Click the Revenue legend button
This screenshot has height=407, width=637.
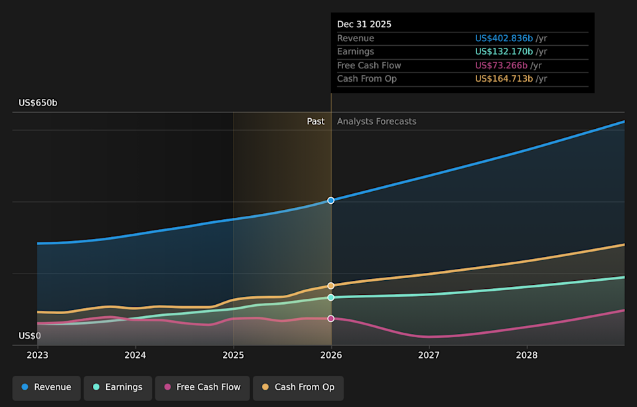pos(46,387)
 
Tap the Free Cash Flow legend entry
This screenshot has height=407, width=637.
pos(202,387)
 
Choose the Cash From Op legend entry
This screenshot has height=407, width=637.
pos(298,387)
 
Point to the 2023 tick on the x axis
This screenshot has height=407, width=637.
pos(38,356)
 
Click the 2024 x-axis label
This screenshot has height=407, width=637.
pos(135,356)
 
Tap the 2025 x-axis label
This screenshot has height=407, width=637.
pos(234,356)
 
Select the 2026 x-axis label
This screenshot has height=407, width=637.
pos(331,356)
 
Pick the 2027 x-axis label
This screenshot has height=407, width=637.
pos(429,356)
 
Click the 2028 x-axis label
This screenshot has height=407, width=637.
pos(527,356)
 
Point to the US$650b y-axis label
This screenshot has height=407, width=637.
pos(38,103)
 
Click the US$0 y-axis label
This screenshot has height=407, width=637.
pos(30,336)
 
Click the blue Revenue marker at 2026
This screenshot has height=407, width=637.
pos(331,201)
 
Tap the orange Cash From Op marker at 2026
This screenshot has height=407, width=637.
pos(331,285)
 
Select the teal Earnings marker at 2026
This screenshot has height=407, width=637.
pos(331,297)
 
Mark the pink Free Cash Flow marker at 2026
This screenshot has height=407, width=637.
pos(331,319)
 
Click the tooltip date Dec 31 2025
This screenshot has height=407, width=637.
pos(364,25)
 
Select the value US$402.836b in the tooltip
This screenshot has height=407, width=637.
pos(504,39)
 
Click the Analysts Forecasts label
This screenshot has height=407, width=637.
pos(377,122)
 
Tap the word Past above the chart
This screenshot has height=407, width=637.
pos(316,122)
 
